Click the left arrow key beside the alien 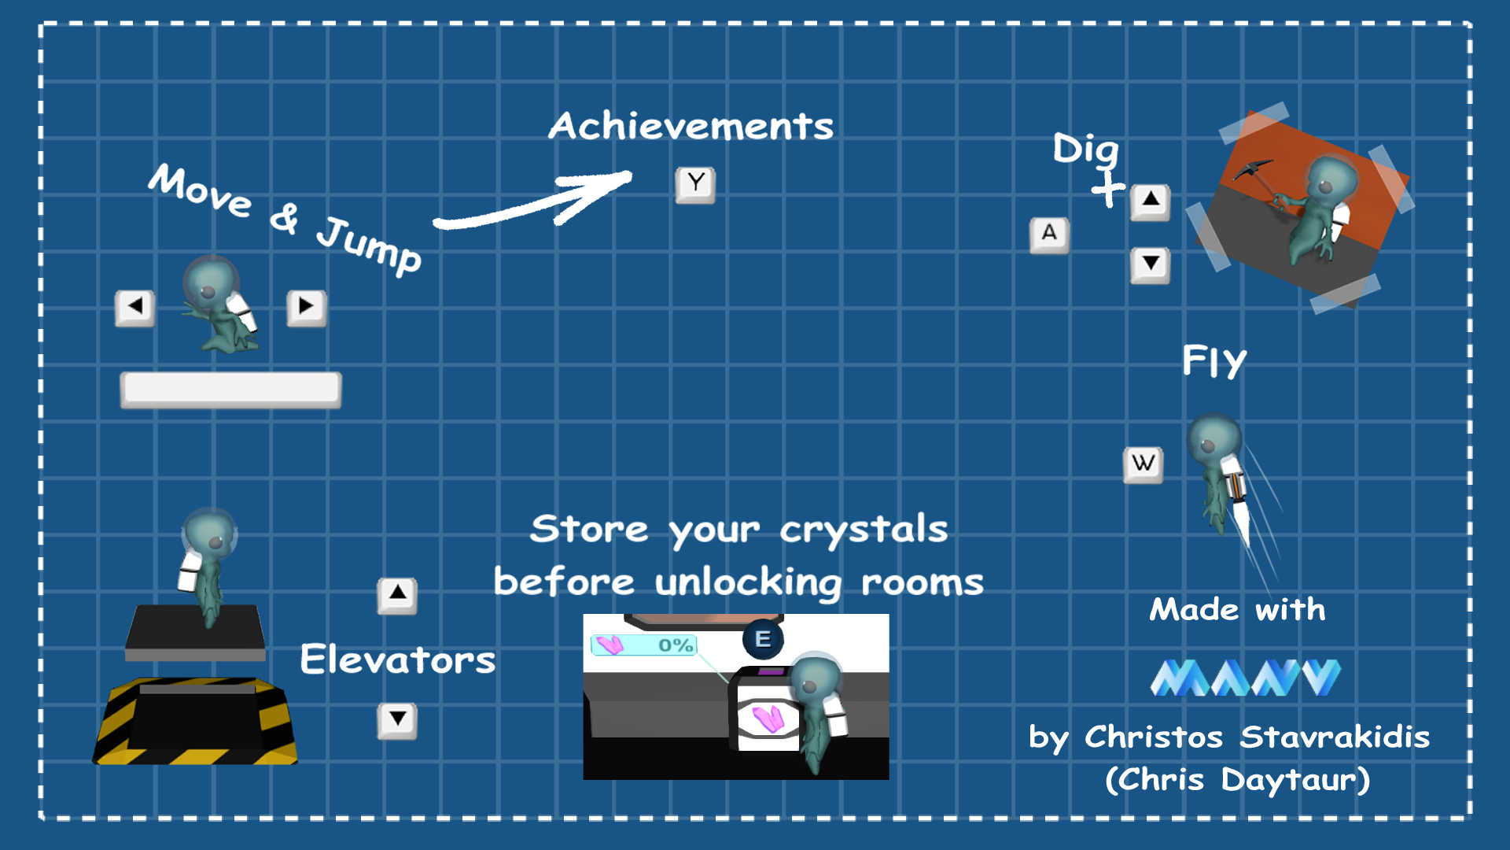coord(134,307)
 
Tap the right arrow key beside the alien coord(306,307)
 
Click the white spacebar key coord(230,390)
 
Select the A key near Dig coord(1049,235)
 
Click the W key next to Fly coord(1143,464)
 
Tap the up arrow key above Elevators coord(397,594)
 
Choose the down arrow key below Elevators coord(397,719)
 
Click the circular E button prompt coord(762,639)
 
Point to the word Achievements coord(691,126)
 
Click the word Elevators coord(397,660)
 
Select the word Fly coord(1214,361)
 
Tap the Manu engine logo coord(1245,678)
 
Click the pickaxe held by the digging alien coord(1258,175)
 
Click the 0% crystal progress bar coord(643,645)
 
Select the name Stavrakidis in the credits coord(1334,737)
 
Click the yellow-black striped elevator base coord(195,722)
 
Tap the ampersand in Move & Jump coord(284,218)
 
